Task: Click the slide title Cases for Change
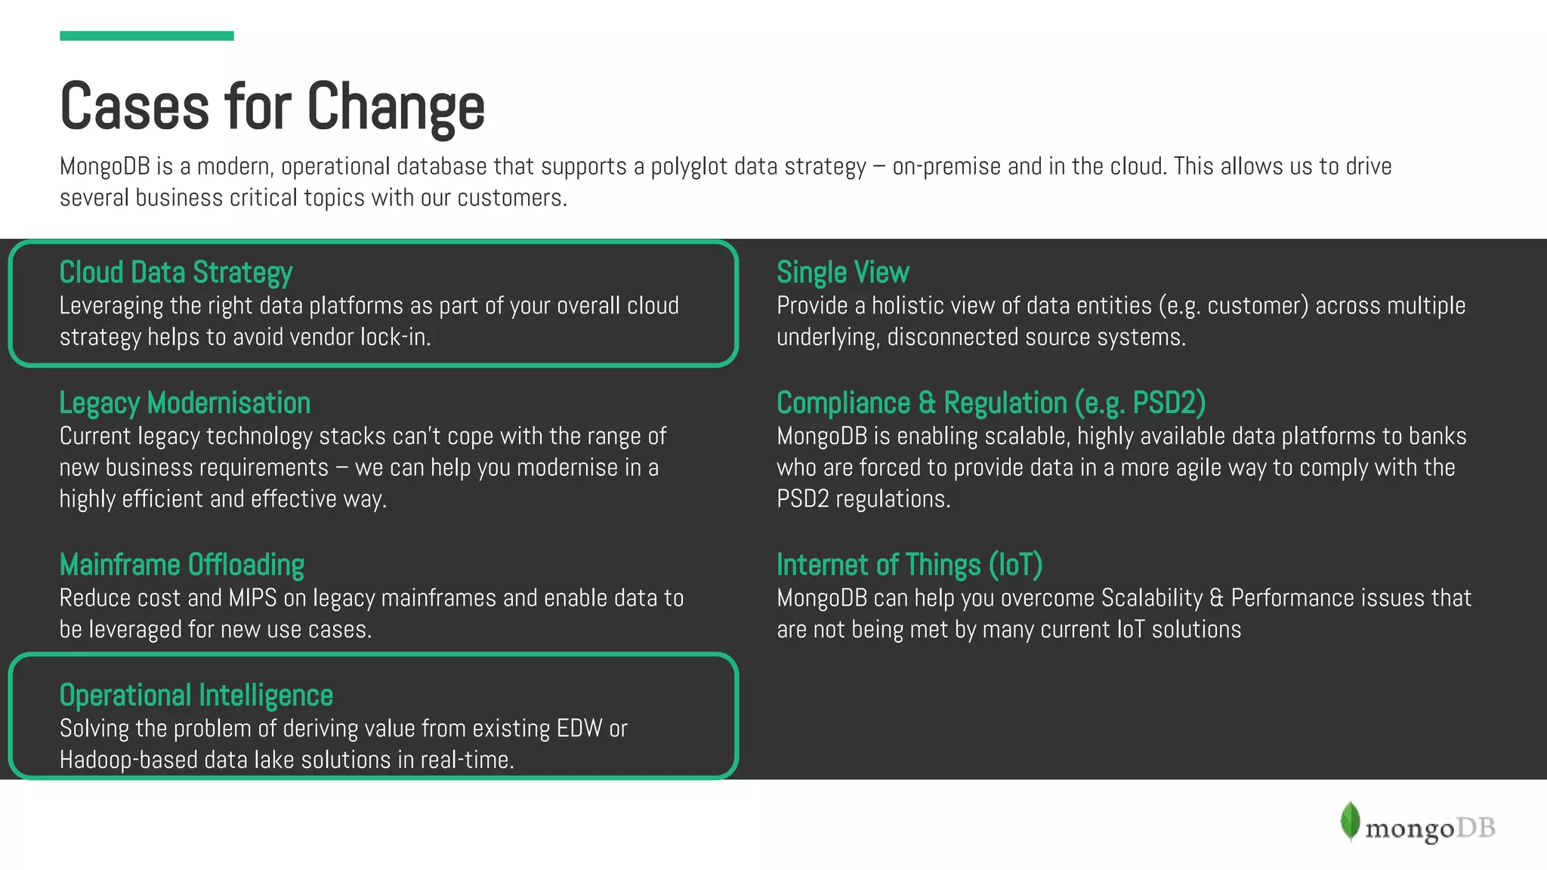coord(272,106)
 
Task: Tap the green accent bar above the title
coord(147,35)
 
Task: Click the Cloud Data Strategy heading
coord(176,273)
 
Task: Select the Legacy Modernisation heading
coord(185,403)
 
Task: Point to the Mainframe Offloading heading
coord(182,565)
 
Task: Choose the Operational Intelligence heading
coord(196,696)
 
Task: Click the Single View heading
coord(843,273)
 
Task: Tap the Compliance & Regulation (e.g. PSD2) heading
coord(991,403)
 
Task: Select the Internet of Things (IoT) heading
coord(909,565)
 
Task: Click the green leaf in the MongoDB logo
coord(1350,821)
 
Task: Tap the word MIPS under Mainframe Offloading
coord(252,598)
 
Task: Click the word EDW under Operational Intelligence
coord(579,729)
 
